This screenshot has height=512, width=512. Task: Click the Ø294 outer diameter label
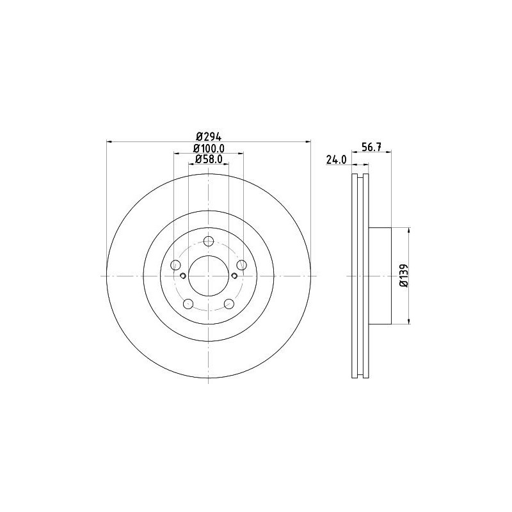[x=208, y=136]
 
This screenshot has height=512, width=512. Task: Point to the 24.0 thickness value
[x=336, y=159]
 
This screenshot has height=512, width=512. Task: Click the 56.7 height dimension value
[x=372, y=147]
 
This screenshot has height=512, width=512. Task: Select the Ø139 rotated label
[x=403, y=276]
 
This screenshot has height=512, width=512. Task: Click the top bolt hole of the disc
[x=208, y=241]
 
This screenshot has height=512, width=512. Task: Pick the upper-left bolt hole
[x=175, y=265]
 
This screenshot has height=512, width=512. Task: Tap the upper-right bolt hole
[x=241, y=265]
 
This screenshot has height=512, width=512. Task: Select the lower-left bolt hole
[x=188, y=304]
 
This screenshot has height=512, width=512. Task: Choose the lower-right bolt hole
[x=228, y=304]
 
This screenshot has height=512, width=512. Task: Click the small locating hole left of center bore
[x=183, y=276]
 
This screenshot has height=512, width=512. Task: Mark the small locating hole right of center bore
[x=234, y=276]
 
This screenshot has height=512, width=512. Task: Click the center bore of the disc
[x=208, y=276]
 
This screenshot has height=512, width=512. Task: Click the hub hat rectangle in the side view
[x=380, y=276]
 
